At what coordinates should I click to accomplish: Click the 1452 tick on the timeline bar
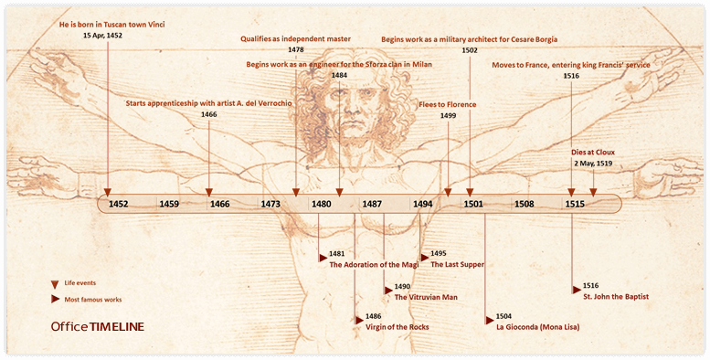tap(118, 204)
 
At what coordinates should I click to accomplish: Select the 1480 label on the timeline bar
tap(321, 204)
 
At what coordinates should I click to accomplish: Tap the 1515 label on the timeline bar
tap(574, 204)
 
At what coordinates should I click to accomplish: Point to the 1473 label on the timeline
tap(270, 204)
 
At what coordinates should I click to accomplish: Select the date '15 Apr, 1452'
tap(101, 35)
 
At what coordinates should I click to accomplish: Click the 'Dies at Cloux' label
tap(592, 152)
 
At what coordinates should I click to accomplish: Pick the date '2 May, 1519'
tap(593, 163)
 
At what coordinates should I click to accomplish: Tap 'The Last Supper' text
tap(457, 264)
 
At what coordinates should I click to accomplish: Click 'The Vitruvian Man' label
tap(426, 297)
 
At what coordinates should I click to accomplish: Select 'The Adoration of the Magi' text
tap(374, 264)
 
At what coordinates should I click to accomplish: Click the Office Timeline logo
tap(98, 326)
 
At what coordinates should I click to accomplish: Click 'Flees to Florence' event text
tap(448, 104)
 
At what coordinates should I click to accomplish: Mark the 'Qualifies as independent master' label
tap(295, 39)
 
